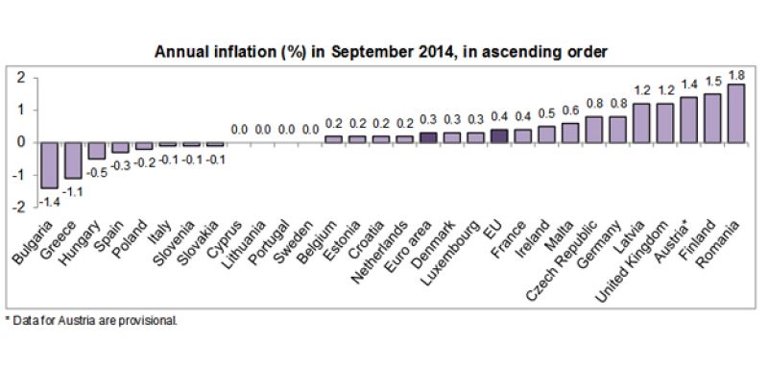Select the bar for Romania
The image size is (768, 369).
(736, 113)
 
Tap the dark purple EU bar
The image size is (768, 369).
(499, 135)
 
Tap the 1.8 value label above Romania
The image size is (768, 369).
(736, 74)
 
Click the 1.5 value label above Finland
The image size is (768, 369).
(711, 84)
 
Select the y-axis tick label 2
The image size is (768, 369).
(18, 78)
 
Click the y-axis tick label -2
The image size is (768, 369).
(16, 207)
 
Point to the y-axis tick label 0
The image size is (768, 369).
(18, 142)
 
